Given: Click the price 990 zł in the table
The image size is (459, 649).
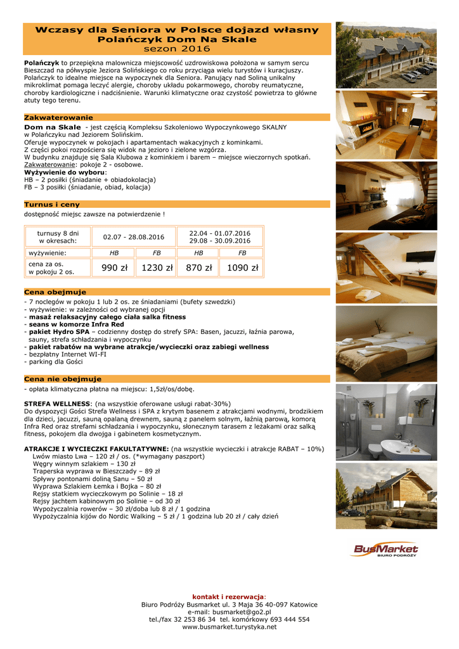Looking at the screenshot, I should [114, 268].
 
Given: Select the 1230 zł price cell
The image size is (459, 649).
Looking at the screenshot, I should [157, 268].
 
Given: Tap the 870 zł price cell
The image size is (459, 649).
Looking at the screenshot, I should [199, 268].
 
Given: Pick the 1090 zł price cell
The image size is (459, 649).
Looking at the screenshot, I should [242, 268].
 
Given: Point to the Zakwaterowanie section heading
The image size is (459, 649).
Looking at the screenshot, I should [58, 118].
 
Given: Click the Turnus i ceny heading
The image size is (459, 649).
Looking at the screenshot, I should [52, 205].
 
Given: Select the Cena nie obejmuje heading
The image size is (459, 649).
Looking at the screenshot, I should [62, 379].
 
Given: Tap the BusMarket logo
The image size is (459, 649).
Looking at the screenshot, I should [385, 550].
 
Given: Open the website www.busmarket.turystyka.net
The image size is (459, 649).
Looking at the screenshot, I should [229, 627].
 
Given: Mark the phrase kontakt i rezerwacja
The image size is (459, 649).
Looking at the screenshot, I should [228, 597].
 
